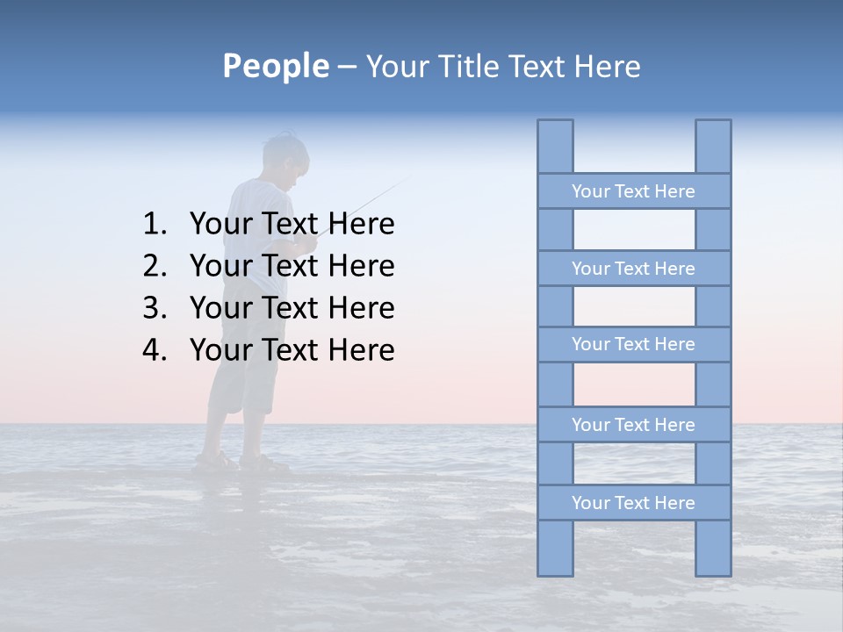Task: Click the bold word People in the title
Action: click(x=275, y=66)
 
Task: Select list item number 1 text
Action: click(x=292, y=225)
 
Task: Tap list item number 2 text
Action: click(x=292, y=266)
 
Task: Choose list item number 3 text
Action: click(x=292, y=308)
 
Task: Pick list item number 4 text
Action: click(x=292, y=350)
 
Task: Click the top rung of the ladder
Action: click(x=633, y=191)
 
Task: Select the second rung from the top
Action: click(x=633, y=269)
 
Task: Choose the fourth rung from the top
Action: click(x=633, y=425)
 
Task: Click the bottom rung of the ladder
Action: click(x=633, y=503)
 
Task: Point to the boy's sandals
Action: click(x=241, y=462)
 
